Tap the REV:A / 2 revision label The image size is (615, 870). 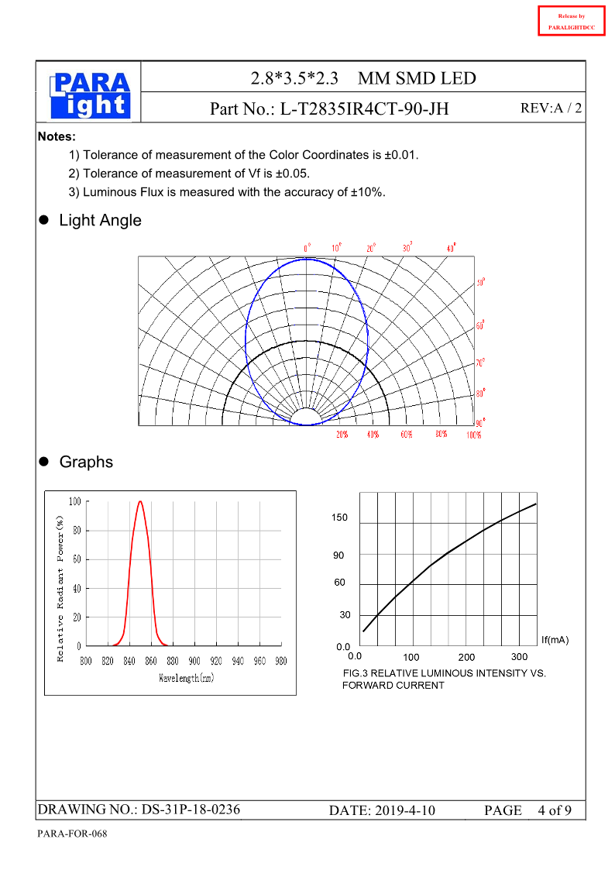click(x=551, y=109)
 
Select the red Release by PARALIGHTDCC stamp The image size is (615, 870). click(x=571, y=22)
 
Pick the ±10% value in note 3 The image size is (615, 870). click(x=367, y=192)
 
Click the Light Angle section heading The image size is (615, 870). click(x=100, y=220)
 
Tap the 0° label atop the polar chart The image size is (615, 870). click(x=307, y=248)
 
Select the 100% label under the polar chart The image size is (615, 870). click(x=474, y=435)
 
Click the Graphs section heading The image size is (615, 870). click(x=86, y=462)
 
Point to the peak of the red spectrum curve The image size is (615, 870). click(x=140, y=501)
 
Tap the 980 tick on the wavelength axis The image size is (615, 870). click(x=280, y=661)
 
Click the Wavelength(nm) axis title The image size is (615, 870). click(x=187, y=678)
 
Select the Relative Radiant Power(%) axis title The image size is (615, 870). click(x=60, y=588)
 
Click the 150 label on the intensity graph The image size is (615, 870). click(x=340, y=518)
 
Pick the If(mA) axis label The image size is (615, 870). click(x=555, y=640)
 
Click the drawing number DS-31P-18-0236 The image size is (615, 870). click(x=191, y=810)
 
